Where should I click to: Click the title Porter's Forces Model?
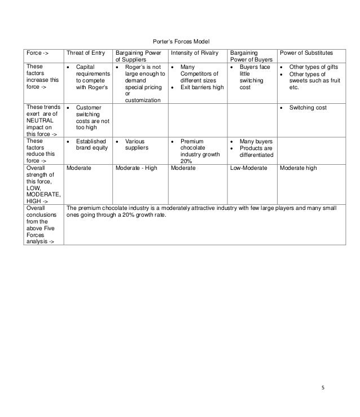tap(181, 42)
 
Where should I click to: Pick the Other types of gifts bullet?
tap(313, 67)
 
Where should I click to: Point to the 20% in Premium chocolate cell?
tap(187, 161)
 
